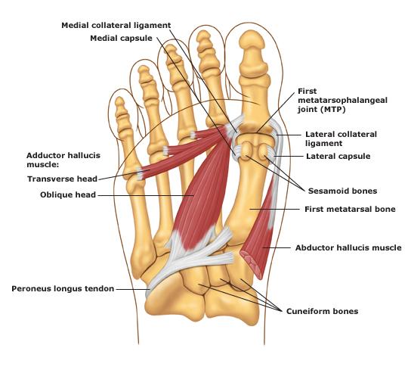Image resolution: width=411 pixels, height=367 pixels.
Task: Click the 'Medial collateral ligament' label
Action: coord(116,26)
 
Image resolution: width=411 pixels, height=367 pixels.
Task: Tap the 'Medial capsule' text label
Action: coord(121,39)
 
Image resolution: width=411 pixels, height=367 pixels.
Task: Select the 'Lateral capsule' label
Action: coord(338,157)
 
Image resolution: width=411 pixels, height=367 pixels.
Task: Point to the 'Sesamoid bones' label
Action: coord(342,191)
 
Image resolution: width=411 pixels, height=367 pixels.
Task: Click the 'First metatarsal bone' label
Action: coord(350,209)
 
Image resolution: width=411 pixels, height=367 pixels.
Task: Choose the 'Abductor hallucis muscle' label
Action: coord(348,247)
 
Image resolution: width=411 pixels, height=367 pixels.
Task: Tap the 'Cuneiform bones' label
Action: coord(322,311)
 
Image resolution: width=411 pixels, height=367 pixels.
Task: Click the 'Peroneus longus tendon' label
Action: coord(63,289)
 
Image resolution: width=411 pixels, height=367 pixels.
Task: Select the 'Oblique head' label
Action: coord(68,194)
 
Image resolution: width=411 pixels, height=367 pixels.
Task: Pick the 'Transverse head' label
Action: coord(63,179)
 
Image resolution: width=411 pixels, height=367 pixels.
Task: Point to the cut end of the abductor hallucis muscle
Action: coord(252,265)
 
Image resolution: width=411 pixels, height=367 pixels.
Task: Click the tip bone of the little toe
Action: coord(119,102)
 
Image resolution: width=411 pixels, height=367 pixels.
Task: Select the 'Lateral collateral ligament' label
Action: coord(341,139)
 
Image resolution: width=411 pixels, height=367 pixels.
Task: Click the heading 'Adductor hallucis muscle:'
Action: coord(63,160)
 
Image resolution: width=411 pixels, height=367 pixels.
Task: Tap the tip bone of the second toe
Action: coord(202,36)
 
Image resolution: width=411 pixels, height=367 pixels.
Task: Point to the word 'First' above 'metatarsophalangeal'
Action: coord(307,92)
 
